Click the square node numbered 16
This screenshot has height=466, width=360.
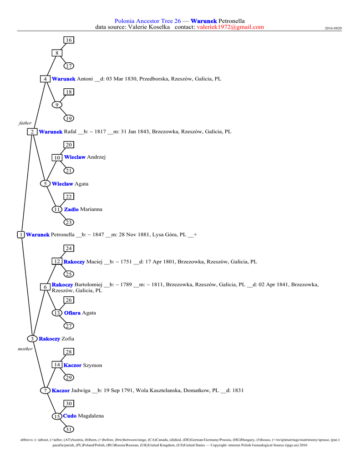[69, 40]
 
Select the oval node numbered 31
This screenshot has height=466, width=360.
[69, 430]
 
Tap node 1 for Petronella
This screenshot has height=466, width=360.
[20, 235]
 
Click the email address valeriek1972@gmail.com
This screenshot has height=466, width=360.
[230, 27]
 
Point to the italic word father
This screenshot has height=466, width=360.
[25, 123]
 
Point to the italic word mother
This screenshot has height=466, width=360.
[25, 349]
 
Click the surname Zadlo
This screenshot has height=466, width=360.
[71, 209]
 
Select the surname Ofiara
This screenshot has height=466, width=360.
[72, 313]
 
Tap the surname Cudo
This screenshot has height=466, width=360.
[70, 416]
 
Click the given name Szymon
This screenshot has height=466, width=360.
[93, 365]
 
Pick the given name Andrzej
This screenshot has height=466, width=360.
[96, 157]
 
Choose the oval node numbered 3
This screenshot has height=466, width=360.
[33, 339]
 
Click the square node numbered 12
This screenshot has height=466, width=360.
[57, 262]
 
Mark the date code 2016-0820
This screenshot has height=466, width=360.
[333, 28]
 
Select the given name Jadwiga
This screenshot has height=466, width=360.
[81, 390]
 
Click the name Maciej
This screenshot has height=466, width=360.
[95, 262]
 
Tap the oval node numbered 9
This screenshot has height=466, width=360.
[57, 105]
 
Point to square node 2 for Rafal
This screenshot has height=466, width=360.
[33, 132]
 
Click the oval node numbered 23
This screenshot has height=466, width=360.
[69, 223]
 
